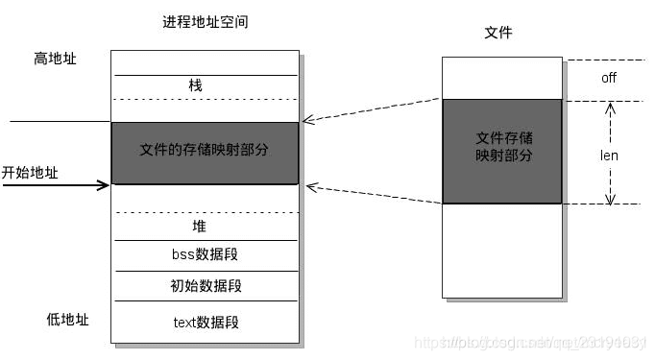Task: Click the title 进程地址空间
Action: point(205,22)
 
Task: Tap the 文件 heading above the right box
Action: point(498,33)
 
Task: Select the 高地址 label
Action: point(55,60)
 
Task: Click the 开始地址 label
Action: point(30,173)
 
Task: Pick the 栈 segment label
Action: point(196,86)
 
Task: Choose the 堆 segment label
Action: point(199,227)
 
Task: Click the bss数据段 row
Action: point(205,256)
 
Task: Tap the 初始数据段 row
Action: point(205,286)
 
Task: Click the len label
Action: point(609,154)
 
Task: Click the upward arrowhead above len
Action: point(609,108)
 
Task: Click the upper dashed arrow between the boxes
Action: point(372,110)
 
